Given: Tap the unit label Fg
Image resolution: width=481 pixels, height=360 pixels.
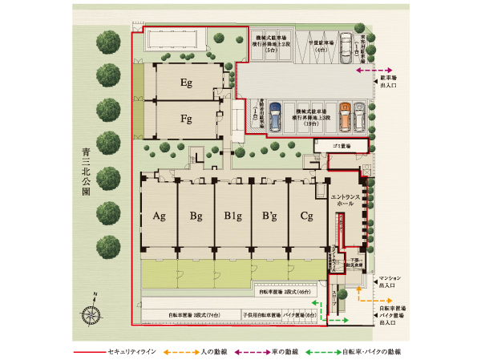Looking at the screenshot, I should pos(185,120).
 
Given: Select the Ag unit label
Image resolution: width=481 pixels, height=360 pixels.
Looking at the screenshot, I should pos(159,216).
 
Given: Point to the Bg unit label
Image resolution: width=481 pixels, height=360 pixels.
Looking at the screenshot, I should pos(196,216).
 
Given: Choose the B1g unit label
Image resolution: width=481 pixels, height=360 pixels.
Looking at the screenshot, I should pos(232,216).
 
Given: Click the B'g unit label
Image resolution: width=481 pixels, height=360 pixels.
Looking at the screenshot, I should pos(269,216).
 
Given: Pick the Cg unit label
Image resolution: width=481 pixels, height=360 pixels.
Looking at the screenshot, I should pos(306,216).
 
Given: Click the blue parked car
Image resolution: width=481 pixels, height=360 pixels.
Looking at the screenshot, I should pos(273,119).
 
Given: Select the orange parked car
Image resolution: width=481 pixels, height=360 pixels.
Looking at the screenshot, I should pos(346,118).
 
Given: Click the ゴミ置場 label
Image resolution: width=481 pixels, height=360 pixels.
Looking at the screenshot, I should pos(346,148).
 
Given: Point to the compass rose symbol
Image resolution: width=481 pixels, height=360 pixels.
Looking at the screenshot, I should pos(91,314).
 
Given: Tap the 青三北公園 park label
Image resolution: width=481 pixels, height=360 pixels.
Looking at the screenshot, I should pos(86,172).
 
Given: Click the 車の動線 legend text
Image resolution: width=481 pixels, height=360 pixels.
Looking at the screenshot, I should pos(285,352).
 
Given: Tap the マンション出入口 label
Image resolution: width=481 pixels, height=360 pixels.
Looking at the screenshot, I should pos(388,281).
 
